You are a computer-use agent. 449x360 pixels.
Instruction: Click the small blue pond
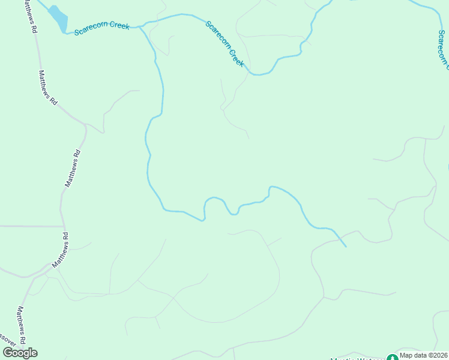59,17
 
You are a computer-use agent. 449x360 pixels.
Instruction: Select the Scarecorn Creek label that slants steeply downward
225,44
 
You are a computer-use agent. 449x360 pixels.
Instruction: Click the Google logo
20,353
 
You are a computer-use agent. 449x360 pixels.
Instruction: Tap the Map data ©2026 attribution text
424,355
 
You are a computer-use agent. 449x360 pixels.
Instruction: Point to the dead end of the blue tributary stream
346,246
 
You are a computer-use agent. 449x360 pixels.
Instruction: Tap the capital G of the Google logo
8,353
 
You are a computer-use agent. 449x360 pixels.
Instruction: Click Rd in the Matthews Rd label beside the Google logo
23,339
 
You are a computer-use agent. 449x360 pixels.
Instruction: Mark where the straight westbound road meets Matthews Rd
63,227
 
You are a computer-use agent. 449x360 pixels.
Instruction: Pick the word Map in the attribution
406,355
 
